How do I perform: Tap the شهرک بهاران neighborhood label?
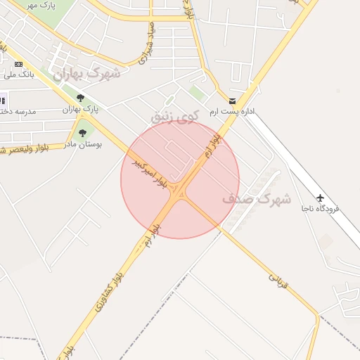(86, 73)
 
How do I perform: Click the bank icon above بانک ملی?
(18, 64)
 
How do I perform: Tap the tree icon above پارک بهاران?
(80, 98)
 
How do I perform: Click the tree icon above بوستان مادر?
(83, 132)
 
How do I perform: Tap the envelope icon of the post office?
(232, 101)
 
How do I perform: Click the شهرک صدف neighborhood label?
(257, 199)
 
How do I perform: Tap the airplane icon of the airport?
(321, 198)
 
